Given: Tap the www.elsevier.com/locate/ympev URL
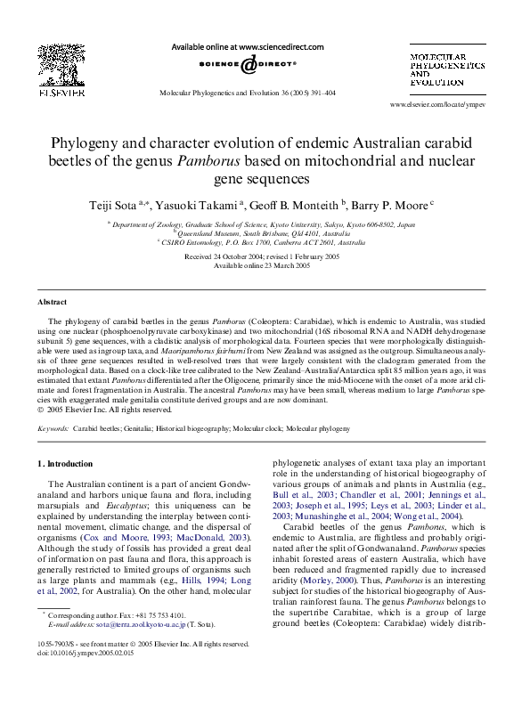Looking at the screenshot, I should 437,104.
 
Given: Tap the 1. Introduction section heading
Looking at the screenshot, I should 65,464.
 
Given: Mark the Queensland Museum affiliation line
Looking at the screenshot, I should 265,234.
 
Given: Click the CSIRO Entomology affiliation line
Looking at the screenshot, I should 264,241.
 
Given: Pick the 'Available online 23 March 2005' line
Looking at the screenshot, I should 264,264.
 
